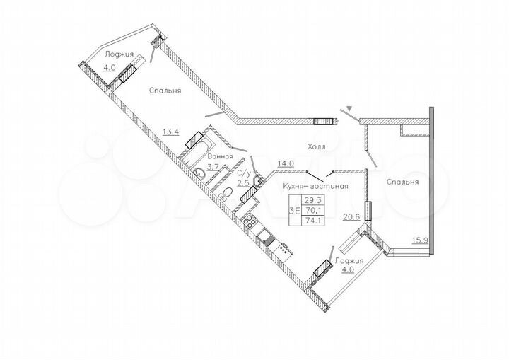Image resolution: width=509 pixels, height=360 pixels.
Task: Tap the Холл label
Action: [x=317, y=146]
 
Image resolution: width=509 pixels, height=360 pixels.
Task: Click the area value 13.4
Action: [x=170, y=131]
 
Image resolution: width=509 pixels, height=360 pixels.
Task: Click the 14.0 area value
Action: [x=286, y=163]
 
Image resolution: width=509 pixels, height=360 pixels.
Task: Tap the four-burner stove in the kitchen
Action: [x=250, y=221]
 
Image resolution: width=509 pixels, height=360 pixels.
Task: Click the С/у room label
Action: [x=245, y=173]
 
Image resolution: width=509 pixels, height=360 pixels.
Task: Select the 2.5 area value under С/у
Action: [x=242, y=183]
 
